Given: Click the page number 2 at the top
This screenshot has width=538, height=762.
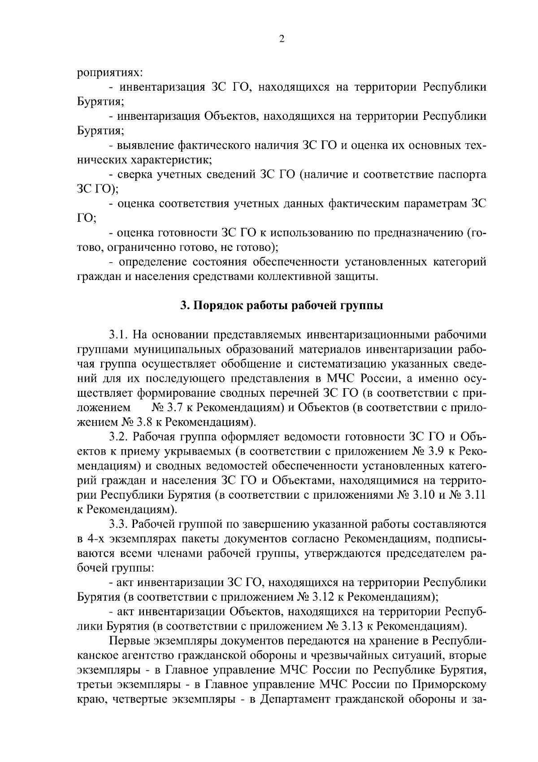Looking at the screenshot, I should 282,39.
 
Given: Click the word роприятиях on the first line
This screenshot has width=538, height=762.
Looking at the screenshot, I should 110,72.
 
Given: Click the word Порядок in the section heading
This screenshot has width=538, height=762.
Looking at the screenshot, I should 216,306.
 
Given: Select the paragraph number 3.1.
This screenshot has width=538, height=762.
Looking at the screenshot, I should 119,335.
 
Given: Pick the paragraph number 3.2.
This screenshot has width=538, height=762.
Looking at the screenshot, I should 119,437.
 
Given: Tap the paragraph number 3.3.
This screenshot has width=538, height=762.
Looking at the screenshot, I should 119,524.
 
